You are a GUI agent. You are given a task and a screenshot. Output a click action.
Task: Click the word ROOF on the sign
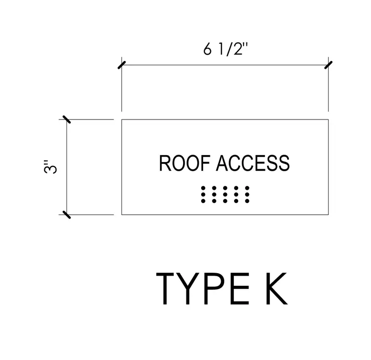pyautogui.click(x=185, y=163)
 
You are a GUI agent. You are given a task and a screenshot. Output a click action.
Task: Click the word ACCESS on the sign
pyautogui.click(x=253, y=163)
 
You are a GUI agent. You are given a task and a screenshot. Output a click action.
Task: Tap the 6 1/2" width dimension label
pyautogui.click(x=225, y=49)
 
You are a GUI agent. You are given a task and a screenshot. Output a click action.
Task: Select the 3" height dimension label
pyautogui.click(x=50, y=167)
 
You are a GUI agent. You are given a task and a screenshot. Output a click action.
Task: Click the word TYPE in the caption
pyautogui.click(x=203, y=288)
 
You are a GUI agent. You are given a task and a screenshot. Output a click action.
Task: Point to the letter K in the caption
pyautogui.click(x=277, y=288)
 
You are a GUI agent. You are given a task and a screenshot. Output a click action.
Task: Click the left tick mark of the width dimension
pyautogui.click(x=122, y=65)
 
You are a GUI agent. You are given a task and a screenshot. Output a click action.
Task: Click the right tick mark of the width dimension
pyautogui.click(x=328, y=65)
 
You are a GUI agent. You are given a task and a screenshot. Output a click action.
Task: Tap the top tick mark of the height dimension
pyautogui.click(x=66, y=120)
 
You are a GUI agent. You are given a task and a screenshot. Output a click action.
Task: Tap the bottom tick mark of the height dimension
pyautogui.click(x=66, y=215)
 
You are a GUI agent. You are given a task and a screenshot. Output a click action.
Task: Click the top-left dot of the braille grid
pyautogui.click(x=203, y=188)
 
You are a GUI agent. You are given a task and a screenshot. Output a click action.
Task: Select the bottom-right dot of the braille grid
pyautogui.click(x=247, y=201)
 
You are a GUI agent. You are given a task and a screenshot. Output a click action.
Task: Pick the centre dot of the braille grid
pyautogui.click(x=225, y=195)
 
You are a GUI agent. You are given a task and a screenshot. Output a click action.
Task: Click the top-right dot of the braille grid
pyautogui.click(x=247, y=188)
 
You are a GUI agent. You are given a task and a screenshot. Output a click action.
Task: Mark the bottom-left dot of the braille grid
pyautogui.click(x=203, y=201)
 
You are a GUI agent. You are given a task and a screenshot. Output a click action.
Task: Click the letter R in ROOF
pyautogui.click(x=165, y=163)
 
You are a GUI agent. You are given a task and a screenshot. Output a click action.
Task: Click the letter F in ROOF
pyautogui.click(x=206, y=163)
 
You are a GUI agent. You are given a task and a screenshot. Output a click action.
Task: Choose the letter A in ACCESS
pyautogui.click(x=222, y=163)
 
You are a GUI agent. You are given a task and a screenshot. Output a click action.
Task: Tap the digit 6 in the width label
pyautogui.click(x=207, y=50)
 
